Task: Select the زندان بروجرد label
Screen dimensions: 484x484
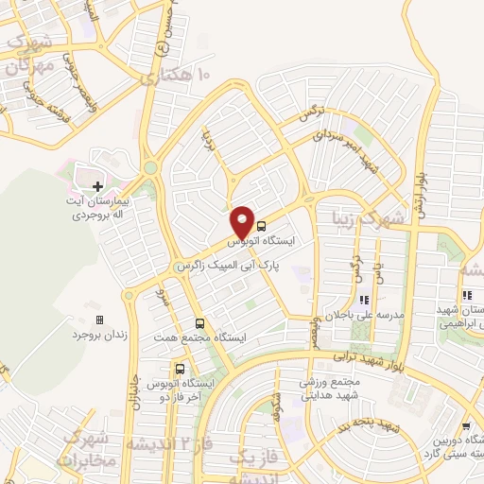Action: [99, 335]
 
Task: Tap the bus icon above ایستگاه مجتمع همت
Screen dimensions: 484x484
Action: [199, 322]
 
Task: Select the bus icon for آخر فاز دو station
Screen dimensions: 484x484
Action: [180, 369]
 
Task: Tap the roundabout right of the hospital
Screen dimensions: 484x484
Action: [150, 169]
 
